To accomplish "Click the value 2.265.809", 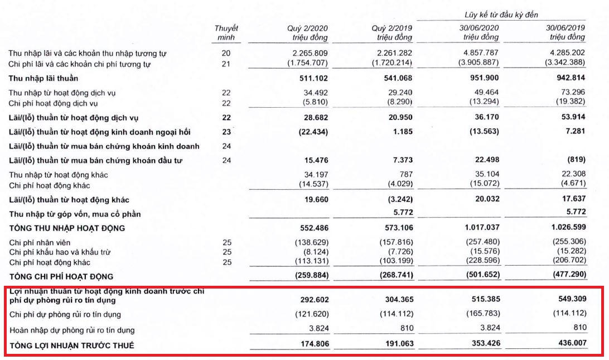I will [x=310, y=54].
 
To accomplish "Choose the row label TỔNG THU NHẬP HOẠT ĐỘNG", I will [x=66, y=228].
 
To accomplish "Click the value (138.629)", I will [x=310, y=242].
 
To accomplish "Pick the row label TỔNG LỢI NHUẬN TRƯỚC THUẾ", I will [x=71, y=345].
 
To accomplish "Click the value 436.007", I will [x=570, y=345].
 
